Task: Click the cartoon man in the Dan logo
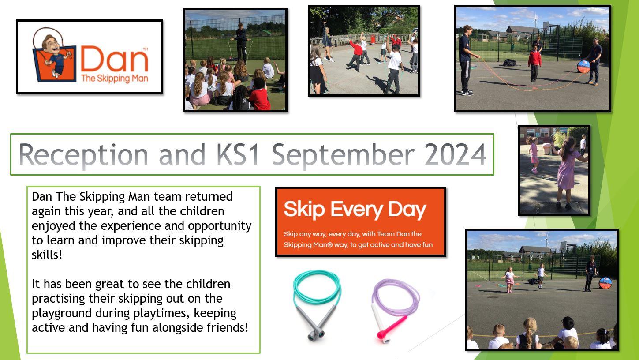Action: [x=54, y=56]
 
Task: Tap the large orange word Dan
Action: [x=115, y=59]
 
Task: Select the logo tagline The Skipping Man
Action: [x=115, y=78]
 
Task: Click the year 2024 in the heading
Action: [x=455, y=154]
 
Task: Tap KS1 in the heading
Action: [x=238, y=154]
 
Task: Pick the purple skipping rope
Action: [x=395, y=310]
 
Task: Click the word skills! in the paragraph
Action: [x=47, y=255]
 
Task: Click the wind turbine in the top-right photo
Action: [x=535, y=19]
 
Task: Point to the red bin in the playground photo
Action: [x=373, y=39]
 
